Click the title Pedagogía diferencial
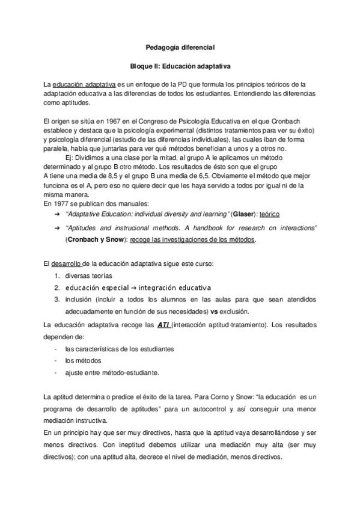point(180,46)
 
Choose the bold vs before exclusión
point(213,312)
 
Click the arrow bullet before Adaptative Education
point(56,214)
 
